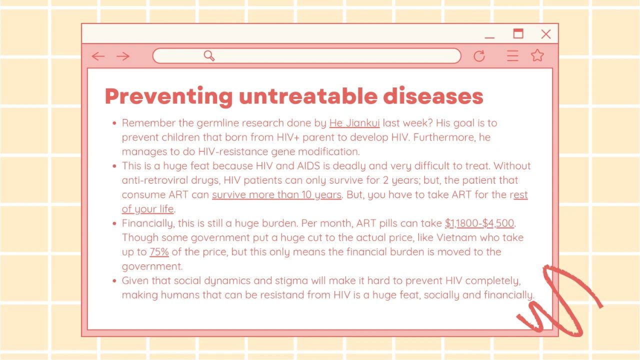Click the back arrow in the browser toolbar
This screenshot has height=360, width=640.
[x=98, y=56]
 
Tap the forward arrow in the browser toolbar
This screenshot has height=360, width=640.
[x=123, y=56]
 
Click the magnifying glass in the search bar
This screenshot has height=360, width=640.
[x=209, y=55]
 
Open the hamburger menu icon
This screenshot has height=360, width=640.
[x=512, y=55]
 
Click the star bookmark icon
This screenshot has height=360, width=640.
[x=537, y=55]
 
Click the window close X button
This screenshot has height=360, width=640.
[x=546, y=34]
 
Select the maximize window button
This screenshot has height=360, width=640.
[x=518, y=33]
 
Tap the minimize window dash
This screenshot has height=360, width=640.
[x=489, y=37]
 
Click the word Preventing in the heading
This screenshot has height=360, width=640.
[x=169, y=97]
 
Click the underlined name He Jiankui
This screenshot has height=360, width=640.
[x=354, y=123]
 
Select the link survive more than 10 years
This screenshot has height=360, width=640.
[x=276, y=195]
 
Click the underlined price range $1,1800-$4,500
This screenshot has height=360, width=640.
[x=479, y=223]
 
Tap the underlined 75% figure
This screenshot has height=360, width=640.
[x=159, y=252]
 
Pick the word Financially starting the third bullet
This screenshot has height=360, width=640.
[x=147, y=223]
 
